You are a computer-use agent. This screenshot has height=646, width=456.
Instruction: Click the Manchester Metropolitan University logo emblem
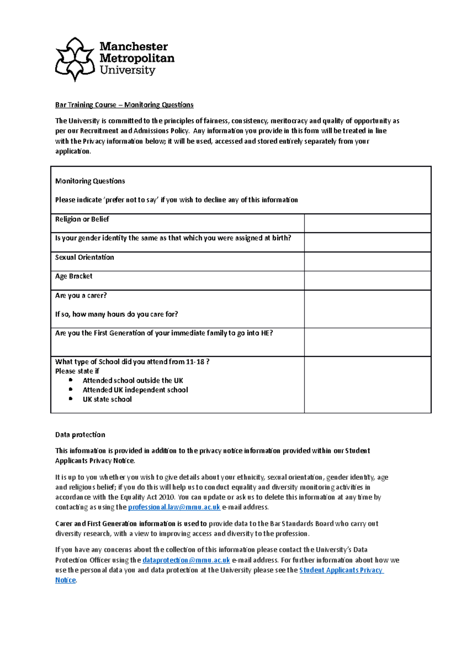coord(75,59)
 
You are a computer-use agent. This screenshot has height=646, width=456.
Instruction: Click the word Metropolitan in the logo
coord(137,58)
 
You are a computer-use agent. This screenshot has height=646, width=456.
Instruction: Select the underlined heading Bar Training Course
coord(86,105)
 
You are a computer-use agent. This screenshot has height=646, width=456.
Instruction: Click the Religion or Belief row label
coord(82,219)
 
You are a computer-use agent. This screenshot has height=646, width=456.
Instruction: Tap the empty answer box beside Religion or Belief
coord(367,223)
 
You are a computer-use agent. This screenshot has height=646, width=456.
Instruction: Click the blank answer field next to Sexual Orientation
coord(367,261)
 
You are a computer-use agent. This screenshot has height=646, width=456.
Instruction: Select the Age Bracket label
coord(74,276)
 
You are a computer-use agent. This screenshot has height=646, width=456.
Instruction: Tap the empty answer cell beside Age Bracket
coord(367,281)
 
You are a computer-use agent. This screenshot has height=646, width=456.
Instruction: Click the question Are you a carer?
coord(81,295)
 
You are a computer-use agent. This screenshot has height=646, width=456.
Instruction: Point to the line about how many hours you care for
coord(116,314)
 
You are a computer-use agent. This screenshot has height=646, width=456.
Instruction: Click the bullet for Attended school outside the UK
coord(71,380)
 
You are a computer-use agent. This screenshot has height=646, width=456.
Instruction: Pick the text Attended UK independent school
coord(135,390)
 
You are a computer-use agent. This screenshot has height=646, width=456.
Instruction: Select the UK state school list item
coord(107,399)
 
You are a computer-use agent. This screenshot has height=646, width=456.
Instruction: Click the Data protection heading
coord(80,434)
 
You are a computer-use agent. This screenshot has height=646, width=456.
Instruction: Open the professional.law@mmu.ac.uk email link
coord(174,507)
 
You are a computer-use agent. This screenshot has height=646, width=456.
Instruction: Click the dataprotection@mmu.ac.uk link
coord(186,560)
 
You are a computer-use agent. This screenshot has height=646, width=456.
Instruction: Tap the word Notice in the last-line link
coord(65,580)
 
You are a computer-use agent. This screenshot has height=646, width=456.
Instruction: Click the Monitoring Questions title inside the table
coord(90,181)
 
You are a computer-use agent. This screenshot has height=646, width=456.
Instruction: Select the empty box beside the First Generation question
coord(367,342)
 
